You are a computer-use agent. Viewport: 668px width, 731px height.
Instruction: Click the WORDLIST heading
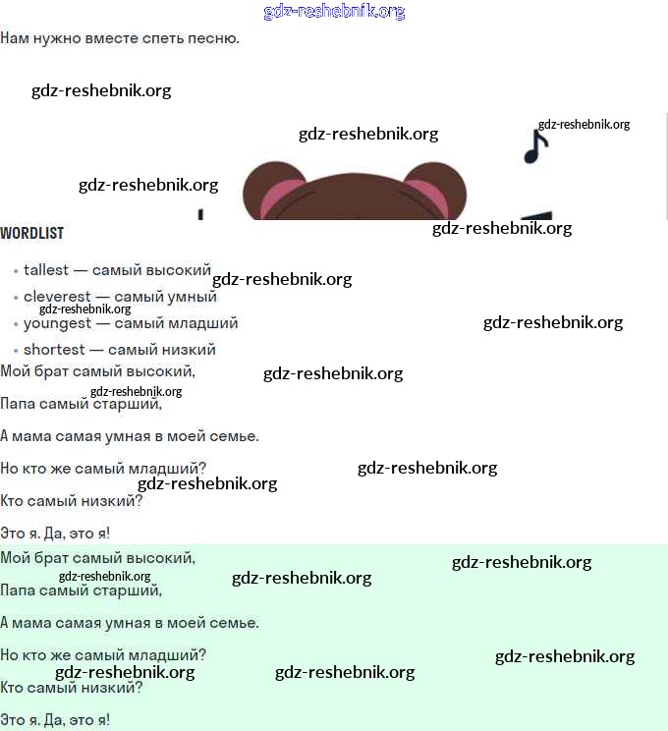pos(31,233)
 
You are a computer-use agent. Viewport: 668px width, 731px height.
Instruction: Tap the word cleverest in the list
pos(57,296)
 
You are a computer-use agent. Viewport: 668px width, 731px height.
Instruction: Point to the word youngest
pos(57,322)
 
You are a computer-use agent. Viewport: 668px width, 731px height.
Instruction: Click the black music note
pos(535,146)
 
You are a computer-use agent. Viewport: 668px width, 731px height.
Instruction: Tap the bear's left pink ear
pos(278,197)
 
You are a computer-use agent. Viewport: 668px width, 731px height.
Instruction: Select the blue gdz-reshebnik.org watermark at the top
pos(334,12)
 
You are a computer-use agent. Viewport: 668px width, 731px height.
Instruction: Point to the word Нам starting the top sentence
pos(14,38)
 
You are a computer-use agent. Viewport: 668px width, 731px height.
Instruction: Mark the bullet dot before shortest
pos(15,351)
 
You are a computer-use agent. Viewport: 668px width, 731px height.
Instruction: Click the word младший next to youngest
pos(206,322)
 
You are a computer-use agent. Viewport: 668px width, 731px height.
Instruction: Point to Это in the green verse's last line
pos(13,720)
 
